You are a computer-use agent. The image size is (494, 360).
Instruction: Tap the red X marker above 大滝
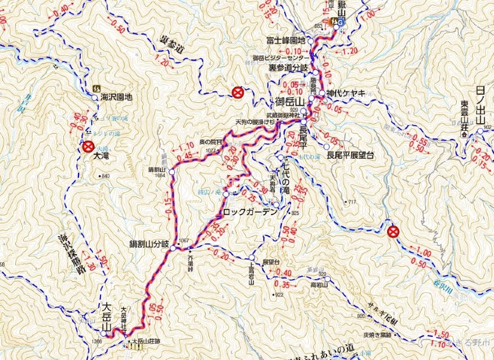pos(88,146)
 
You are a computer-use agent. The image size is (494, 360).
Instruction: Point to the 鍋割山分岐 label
pos(149,245)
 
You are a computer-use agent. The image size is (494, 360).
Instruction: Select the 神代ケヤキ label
pos(345,93)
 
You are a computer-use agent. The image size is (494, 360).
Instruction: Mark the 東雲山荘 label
pos(464,119)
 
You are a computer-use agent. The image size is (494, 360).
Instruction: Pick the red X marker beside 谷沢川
pos(393,232)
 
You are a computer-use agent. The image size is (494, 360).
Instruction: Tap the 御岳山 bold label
pos(291,102)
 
